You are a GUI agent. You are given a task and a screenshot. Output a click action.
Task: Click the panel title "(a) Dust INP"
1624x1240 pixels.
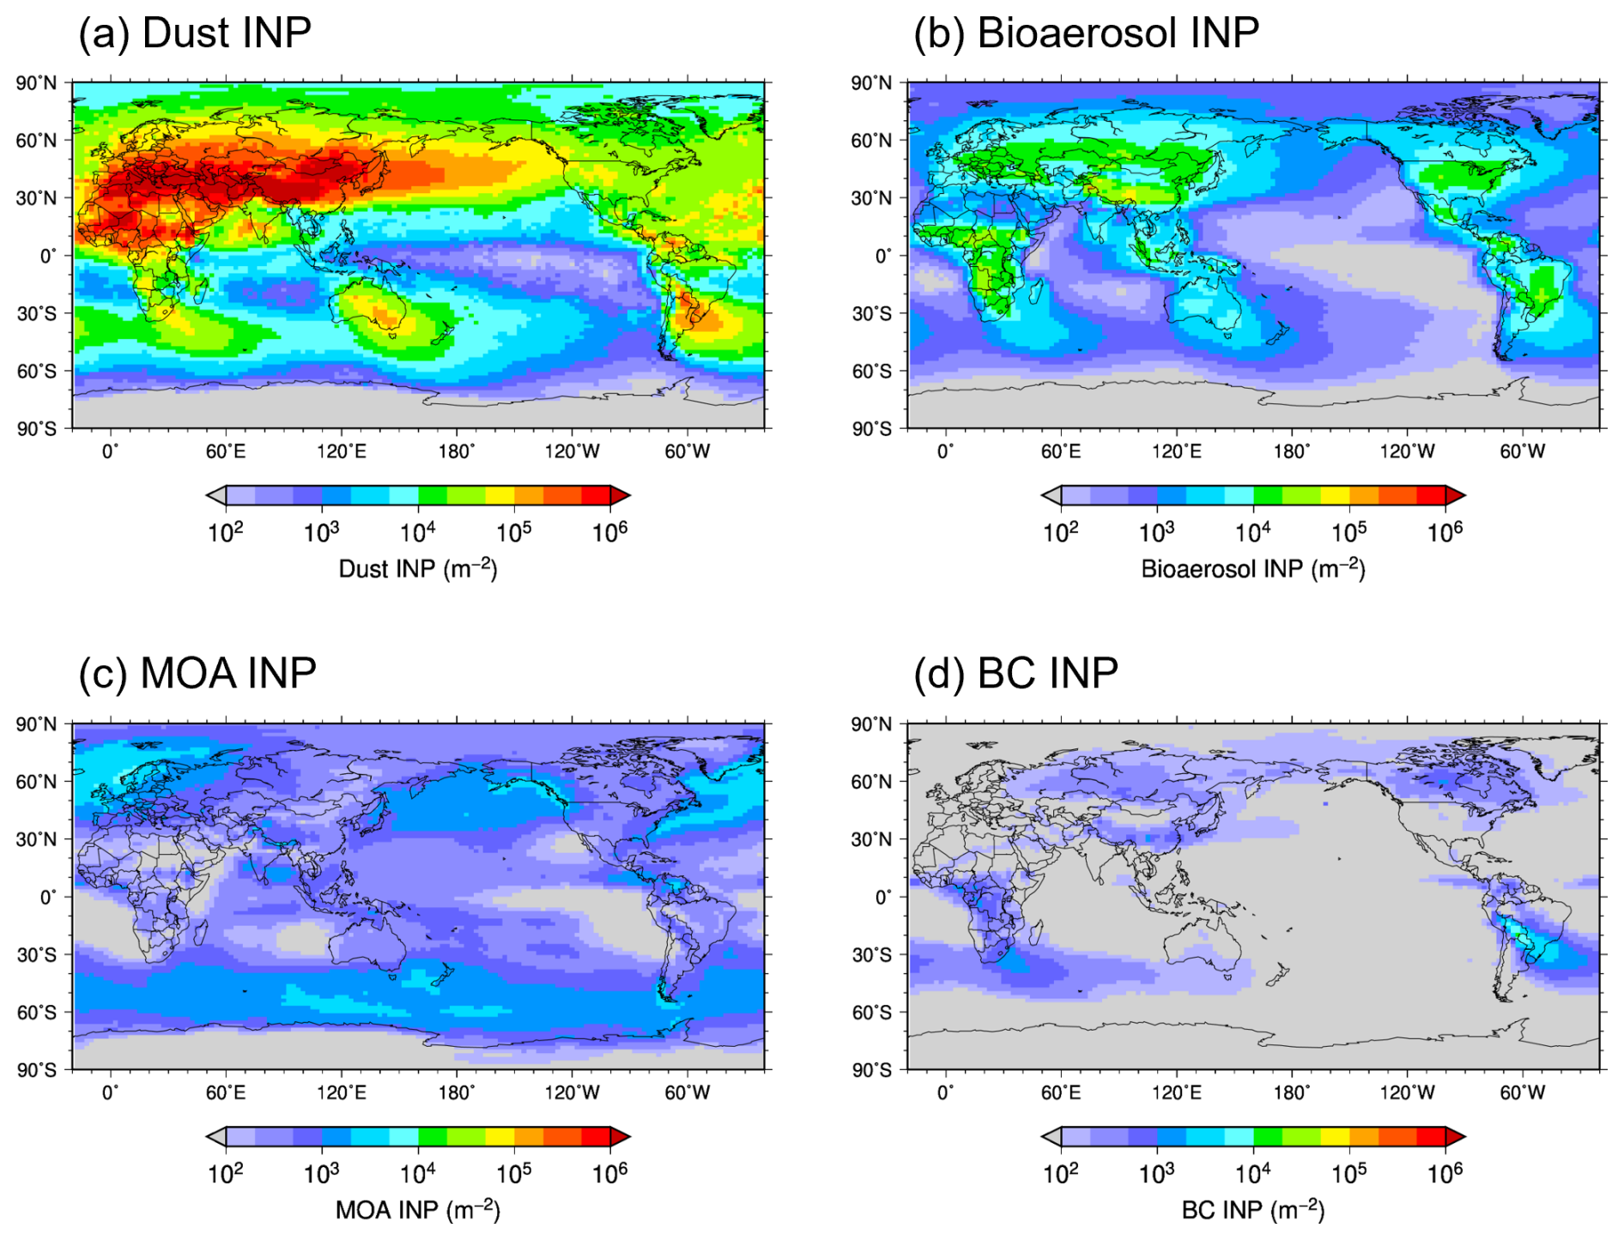tap(195, 33)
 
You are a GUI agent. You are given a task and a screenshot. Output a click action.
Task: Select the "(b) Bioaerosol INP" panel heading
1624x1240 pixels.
tap(1086, 33)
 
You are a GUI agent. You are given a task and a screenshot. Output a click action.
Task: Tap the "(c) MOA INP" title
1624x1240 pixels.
tap(197, 674)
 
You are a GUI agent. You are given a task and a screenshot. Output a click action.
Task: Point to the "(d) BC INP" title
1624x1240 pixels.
tap(1015, 674)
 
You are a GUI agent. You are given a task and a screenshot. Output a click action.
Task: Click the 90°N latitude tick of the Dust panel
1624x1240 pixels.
tap(36, 83)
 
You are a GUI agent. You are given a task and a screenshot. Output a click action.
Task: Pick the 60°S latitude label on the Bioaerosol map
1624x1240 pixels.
tap(871, 372)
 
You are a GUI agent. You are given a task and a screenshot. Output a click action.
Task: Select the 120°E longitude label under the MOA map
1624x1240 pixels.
tap(341, 1092)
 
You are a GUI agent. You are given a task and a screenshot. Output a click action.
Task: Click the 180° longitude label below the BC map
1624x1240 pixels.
tap(1292, 1092)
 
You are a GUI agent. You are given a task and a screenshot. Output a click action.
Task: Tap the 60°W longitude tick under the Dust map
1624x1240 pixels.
tap(687, 451)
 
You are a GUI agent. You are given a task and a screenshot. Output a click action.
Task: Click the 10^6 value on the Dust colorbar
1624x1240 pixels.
tap(609, 532)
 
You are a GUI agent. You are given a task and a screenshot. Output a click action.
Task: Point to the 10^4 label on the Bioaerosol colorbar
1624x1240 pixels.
tap(1252, 532)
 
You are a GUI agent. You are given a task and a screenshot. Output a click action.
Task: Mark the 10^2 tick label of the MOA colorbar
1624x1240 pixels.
tap(226, 1172)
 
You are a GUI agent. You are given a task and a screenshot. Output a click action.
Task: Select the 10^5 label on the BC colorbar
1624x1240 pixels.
tap(1348, 1172)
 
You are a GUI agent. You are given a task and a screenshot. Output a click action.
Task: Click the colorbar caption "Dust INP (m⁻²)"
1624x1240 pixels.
tap(418, 569)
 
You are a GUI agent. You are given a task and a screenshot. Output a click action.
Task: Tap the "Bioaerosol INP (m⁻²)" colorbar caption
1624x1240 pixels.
tap(1252, 569)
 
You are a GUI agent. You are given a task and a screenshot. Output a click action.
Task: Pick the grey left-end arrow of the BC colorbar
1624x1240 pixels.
tap(1051, 1137)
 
